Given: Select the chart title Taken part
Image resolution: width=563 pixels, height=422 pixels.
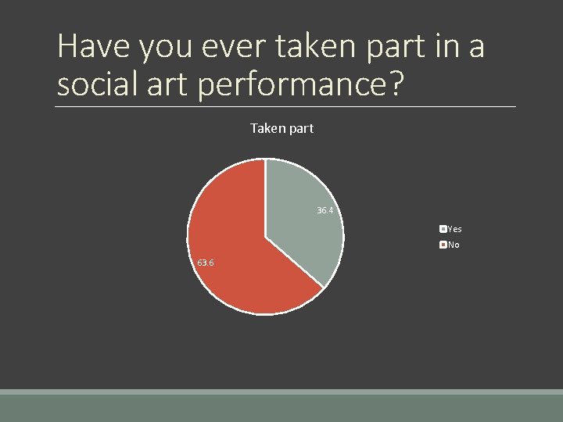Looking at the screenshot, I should tap(281, 128).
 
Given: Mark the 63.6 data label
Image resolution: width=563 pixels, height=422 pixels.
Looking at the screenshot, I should tap(206, 263).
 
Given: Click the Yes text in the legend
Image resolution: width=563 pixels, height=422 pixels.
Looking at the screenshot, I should tap(454, 229).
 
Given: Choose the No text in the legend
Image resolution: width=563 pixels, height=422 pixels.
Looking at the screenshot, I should tap(454, 245).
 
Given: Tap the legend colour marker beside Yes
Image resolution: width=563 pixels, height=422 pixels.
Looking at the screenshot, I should tap(443, 229).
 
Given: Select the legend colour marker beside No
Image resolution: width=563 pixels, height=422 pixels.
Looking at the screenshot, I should tap(443, 245).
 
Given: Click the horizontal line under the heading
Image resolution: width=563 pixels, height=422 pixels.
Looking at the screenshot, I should tap(286, 106).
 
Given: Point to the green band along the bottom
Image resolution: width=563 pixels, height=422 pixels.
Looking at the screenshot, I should tap(281, 406).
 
